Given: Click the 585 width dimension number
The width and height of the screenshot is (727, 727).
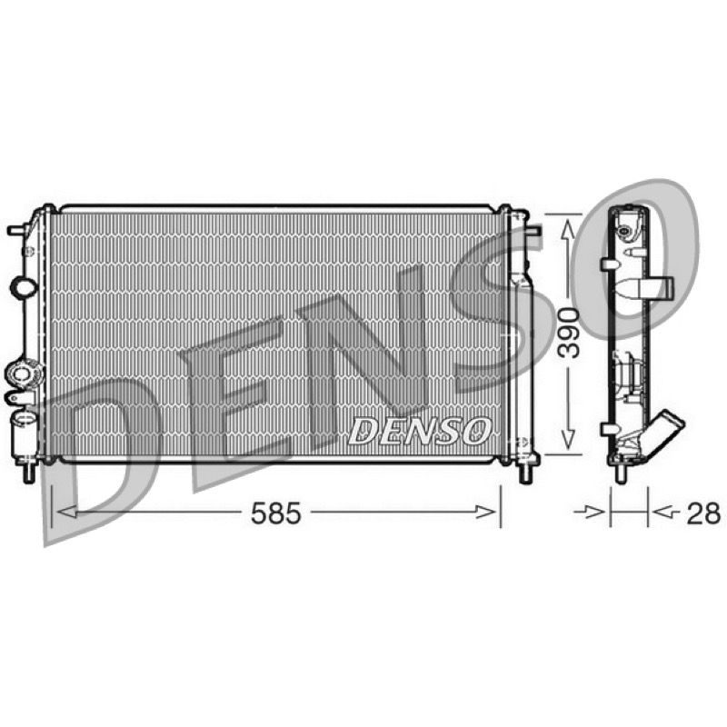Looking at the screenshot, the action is click(276, 513).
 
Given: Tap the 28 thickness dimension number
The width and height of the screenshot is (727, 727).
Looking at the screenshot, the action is click(703, 513).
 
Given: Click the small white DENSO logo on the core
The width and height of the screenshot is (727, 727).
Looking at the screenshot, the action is click(420, 431).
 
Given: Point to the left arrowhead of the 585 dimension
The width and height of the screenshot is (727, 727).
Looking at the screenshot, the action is click(66, 512).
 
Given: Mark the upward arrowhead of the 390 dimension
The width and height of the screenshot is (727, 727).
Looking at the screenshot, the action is click(569, 229).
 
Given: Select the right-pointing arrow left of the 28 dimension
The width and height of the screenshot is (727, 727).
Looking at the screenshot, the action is click(589, 512).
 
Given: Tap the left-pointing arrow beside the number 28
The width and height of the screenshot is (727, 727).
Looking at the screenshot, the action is click(667, 512).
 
